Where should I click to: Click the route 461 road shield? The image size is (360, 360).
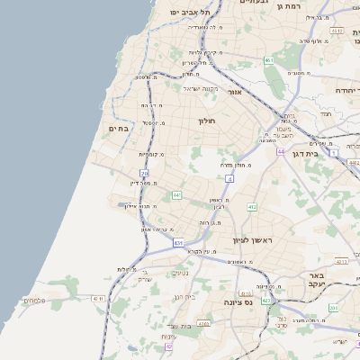click(x=268, y=60)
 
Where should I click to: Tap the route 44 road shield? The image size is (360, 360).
click(x=281, y=151)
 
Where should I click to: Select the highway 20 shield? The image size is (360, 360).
click(x=145, y=159)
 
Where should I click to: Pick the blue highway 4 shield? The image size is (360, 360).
click(x=229, y=179)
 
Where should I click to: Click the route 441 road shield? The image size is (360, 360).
click(x=177, y=194)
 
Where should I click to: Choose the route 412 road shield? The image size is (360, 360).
click(x=252, y=207)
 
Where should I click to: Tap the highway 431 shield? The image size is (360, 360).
click(x=179, y=242)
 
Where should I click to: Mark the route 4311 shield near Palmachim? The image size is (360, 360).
click(x=98, y=298)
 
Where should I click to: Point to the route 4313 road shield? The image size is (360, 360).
click(x=337, y=31)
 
